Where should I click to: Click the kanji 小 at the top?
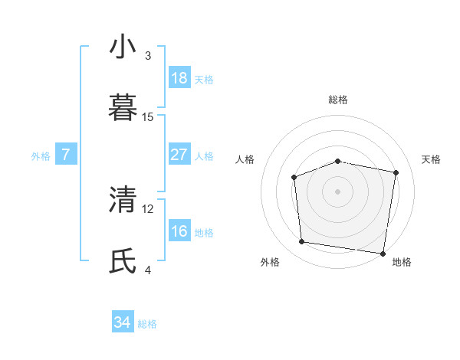[123, 47]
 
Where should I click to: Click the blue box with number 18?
[179, 78]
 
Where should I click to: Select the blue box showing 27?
[179, 155]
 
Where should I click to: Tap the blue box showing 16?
[179, 231]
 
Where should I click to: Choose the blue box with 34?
[123, 323]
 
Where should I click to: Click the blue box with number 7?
[66, 155]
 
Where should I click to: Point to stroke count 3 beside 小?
[148, 56]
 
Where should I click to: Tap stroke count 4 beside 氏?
[148, 270]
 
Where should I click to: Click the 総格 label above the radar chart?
[338, 100]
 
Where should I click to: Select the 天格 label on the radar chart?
[431, 159]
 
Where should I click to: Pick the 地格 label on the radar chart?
[402, 262]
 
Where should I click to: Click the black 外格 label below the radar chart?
[270, 262]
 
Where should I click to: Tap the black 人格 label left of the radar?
[245, 159]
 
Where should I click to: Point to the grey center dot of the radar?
[337, 191]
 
